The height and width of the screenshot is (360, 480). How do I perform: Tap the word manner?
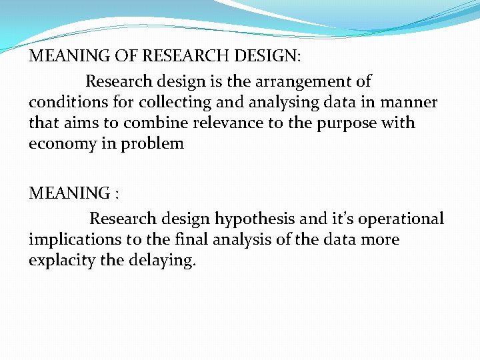point(409,103)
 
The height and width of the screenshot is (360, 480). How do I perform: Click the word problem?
point(153,144)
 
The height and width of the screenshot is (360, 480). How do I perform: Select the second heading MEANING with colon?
point(73,194)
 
